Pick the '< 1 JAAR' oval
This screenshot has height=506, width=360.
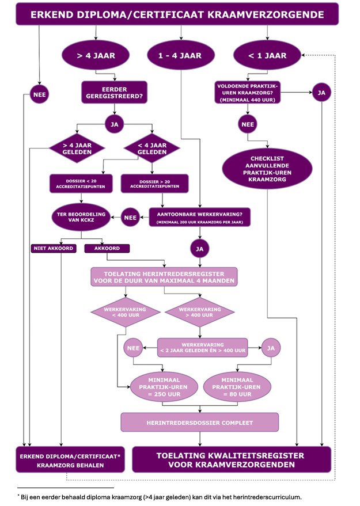(268, 56)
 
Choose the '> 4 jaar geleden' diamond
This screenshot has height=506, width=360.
(71, 149)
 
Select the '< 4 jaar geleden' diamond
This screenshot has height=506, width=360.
(152, 149)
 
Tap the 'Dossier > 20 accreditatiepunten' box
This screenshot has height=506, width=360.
(154, 184)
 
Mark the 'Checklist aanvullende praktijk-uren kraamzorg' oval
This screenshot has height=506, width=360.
(268, 169)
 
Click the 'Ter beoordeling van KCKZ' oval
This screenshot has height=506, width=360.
(81, 218)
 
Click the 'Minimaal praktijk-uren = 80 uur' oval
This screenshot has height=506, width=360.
(237, 387)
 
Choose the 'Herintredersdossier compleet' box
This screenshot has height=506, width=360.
(199, 423)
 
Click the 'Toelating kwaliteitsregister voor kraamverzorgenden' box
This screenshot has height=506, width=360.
(232, 459)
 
